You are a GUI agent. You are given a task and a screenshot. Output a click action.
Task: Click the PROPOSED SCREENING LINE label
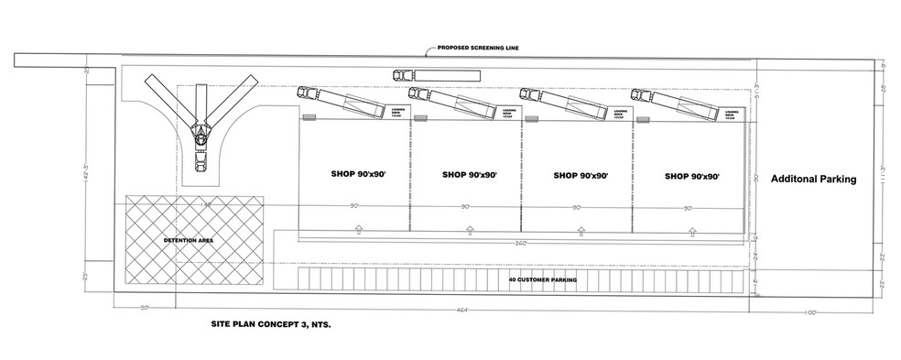(x=480, y=48)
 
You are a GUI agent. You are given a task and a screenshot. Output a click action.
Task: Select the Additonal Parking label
(x=812, y=180)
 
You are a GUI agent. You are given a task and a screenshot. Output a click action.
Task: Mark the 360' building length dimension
(x=521, y=243)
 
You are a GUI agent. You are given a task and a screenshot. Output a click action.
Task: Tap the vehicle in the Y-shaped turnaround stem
(x=200, y=164)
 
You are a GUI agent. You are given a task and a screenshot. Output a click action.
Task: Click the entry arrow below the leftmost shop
(x=358, y=228)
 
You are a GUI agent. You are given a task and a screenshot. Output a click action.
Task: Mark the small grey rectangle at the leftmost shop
(x=309, y=116)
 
